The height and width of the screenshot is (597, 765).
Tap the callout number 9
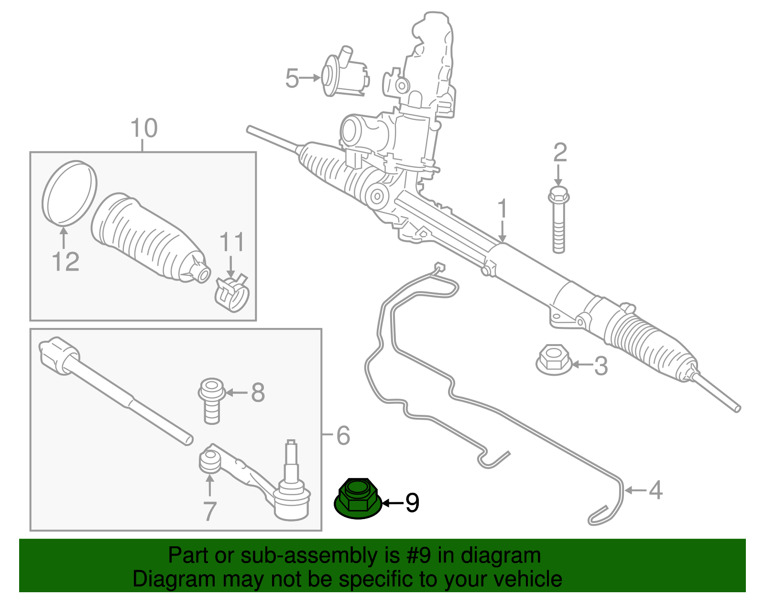click(412, 503)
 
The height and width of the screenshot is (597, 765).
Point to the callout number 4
click(656, 490)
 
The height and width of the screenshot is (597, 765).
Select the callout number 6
click(343, 435)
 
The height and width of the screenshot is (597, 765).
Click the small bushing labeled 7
click(209, 461)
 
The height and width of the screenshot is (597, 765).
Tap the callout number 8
click(258, 393)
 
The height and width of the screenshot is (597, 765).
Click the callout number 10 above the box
click(143, 128)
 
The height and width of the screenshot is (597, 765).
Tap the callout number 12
click(66, 262)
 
